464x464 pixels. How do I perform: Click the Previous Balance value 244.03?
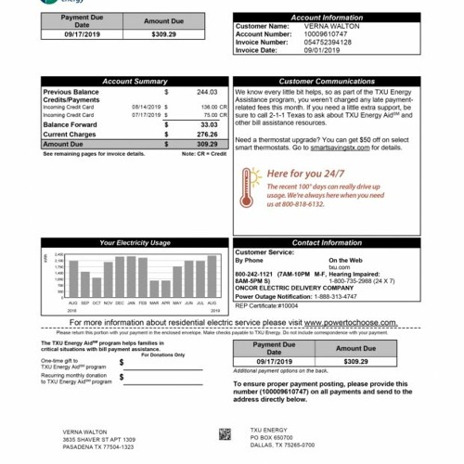207,93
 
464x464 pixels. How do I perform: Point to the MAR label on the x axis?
154,303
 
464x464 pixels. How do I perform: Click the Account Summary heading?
135,82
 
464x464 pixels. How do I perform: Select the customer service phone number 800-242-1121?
256,275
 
